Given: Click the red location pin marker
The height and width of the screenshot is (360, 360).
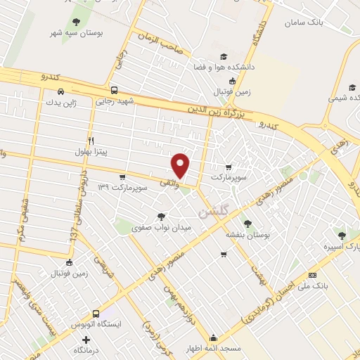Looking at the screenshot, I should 181,165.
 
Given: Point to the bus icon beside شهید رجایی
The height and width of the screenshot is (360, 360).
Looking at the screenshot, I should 114,90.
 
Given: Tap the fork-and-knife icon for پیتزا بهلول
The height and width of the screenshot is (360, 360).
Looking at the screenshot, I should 91,141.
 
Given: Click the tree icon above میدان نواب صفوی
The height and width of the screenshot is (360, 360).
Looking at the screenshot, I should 162,217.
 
